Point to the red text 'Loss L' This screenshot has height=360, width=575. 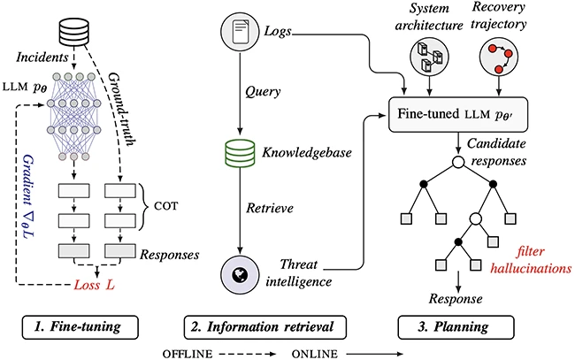[94, 285]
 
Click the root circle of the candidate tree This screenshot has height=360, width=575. [458, 162]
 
